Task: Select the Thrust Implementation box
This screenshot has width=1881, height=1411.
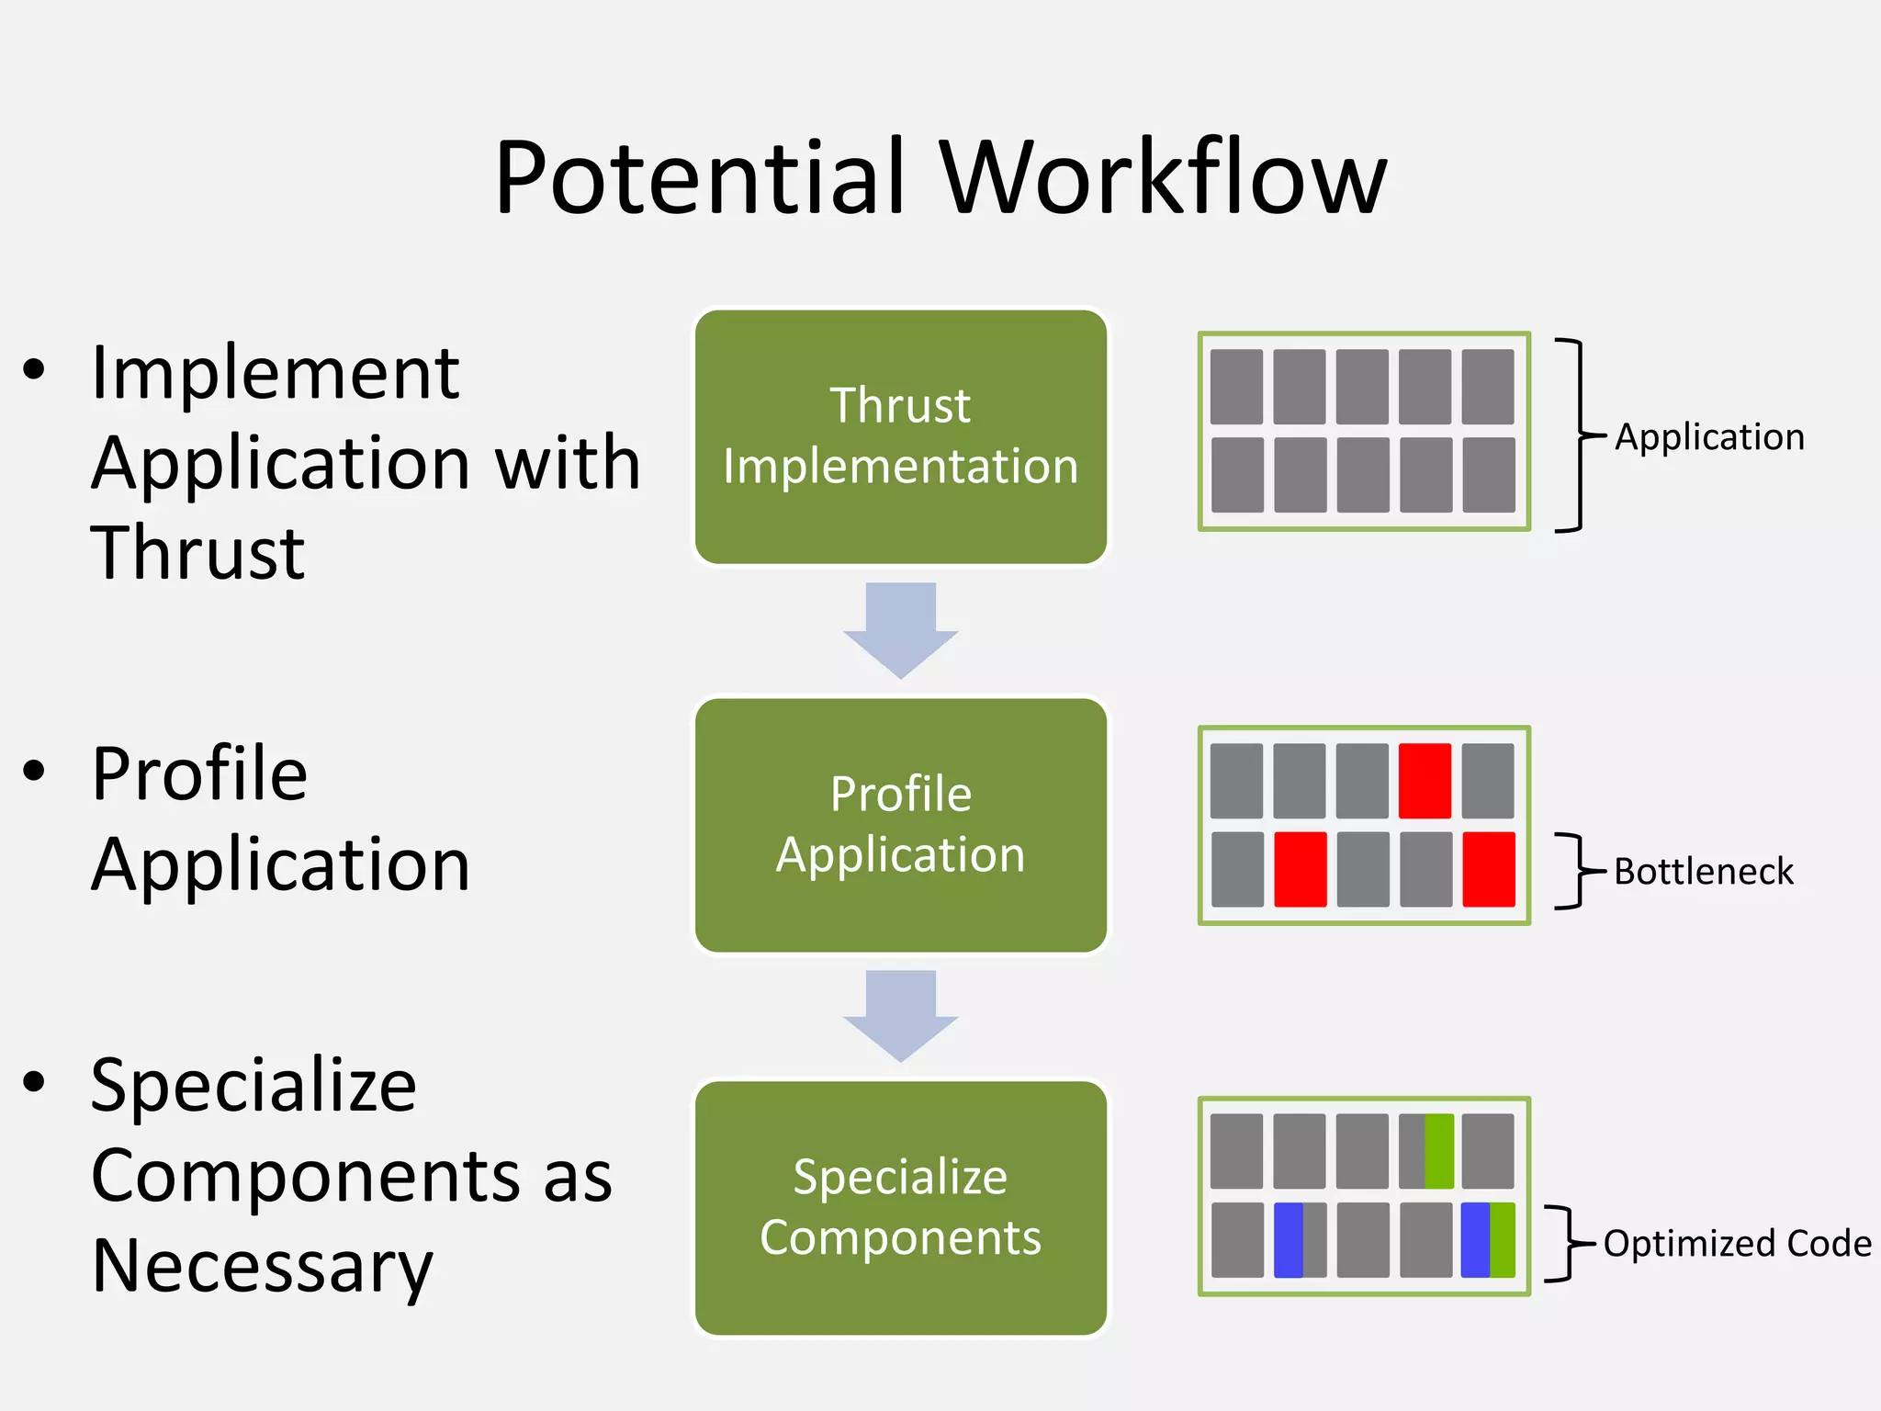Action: (x=900, y=436)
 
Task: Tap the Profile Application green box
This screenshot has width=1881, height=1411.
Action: (x=900, y=825)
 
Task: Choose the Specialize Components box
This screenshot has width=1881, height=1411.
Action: (x=900, y=1207)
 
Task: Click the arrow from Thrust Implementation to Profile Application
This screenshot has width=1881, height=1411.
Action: (x=900, y=629)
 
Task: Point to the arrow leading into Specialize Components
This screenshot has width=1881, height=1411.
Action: (x=900, y=1014)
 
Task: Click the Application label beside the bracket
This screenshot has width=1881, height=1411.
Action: (x=1709, y=436)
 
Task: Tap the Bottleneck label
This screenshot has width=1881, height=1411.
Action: (x=1703, y=871)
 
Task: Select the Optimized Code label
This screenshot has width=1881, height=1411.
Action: (x=1737, y=1243)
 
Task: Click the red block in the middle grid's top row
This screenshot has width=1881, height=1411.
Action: (x=1425, y=781)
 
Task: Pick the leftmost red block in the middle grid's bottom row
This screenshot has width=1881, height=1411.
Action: (x=1300, y=869)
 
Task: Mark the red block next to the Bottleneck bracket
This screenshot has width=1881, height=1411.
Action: (x=1488, y=869)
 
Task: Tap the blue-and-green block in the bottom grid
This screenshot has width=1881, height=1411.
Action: (x=1488, y=1239)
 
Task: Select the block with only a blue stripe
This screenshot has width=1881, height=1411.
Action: (x=1300, y=1239)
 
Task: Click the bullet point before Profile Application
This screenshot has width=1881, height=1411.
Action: (x=34, y=771)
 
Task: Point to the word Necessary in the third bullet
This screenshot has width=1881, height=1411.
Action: (x=262, y=1266)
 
